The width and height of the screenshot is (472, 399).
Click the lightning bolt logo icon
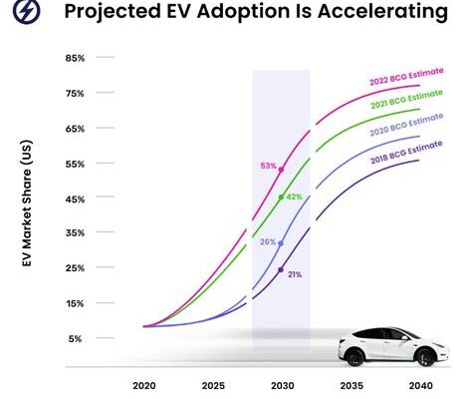27,10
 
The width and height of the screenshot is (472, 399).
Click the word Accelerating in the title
382,11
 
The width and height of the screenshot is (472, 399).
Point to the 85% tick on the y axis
75,58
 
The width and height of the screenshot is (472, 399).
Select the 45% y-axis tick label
75,199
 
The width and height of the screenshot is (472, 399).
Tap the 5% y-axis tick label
75,339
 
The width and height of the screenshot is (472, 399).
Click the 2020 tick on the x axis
144,386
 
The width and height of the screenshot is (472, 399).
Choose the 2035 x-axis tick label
352,386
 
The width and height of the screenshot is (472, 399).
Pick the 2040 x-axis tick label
421,386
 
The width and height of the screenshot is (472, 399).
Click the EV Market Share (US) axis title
27,203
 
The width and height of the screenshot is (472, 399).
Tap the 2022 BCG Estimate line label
406,76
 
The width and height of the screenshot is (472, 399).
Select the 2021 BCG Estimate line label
406,99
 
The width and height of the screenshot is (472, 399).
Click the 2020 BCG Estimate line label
406,125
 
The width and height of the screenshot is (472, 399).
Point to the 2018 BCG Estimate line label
406,153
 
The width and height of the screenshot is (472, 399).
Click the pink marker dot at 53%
281,170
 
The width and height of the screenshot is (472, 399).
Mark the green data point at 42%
281,198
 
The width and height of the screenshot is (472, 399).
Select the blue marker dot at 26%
281,243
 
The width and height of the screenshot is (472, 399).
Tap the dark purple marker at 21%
281,269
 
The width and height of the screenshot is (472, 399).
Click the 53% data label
268,166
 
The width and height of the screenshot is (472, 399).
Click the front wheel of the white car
425,357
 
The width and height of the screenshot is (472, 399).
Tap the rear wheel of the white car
354,357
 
